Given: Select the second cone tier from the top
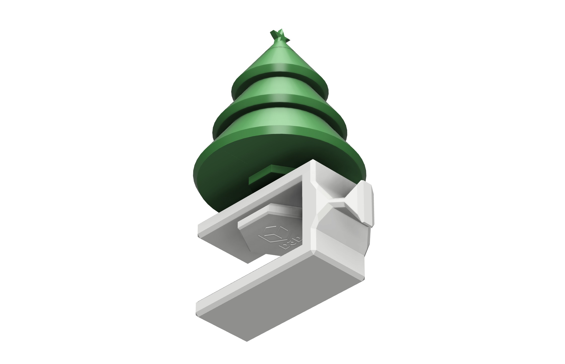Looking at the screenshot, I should click(x=279, y=88).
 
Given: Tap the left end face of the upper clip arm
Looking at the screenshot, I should click(x=209, y=231).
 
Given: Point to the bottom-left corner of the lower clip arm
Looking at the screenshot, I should click(x=198, y=312).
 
